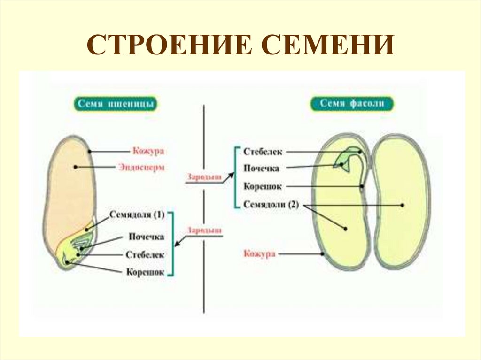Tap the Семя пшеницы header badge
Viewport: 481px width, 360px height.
click(115, 104)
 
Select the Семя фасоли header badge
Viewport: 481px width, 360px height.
click(351, 104)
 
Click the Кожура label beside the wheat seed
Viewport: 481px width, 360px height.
click(148, 151)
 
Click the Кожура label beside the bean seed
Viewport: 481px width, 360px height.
click(259, 254)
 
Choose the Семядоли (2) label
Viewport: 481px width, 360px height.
click(272, 205)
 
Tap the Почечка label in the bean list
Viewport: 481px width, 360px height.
click(262, 168)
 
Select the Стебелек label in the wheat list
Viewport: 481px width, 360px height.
click(145, 255)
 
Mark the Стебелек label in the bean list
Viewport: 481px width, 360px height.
click(263, 151)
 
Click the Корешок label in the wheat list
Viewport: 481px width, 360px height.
click(145, 272)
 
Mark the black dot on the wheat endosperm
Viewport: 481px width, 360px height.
click(75, 167)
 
